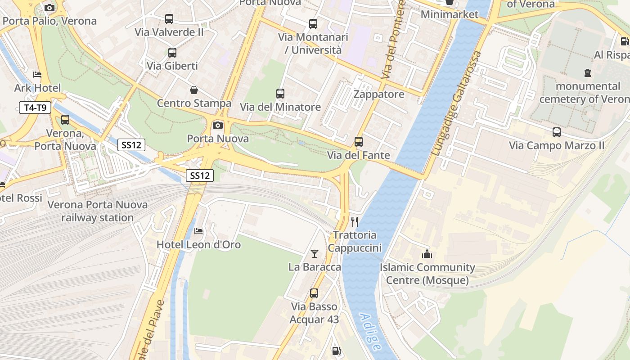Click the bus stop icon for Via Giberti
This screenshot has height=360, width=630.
tap(172, 53)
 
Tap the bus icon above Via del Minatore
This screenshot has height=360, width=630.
tap(280, 94)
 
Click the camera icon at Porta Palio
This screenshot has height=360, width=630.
tap(49, 8)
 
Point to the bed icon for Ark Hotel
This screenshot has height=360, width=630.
tap(37, 74)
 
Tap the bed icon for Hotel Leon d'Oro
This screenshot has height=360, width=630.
tap(198, 231)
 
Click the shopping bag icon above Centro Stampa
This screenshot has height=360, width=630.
tap(194, 90)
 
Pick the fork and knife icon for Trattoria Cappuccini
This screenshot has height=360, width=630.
tap(355, 221)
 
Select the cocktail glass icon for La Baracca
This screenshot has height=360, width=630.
tap(315, 254)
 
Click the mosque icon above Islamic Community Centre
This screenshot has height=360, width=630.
tap(427, 254)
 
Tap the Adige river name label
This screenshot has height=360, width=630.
tap(370, 332)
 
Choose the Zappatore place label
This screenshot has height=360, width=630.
tap(379, 94)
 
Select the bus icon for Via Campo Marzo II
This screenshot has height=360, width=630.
tap(557, 132)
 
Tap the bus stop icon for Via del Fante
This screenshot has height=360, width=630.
tap(359, 142)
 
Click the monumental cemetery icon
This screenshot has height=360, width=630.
tap(588, 72)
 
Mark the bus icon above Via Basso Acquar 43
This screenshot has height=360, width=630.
tap(314, 293)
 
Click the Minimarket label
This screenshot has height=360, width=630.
tap(450, 14)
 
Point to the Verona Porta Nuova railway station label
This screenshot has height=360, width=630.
tap(98, 211)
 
